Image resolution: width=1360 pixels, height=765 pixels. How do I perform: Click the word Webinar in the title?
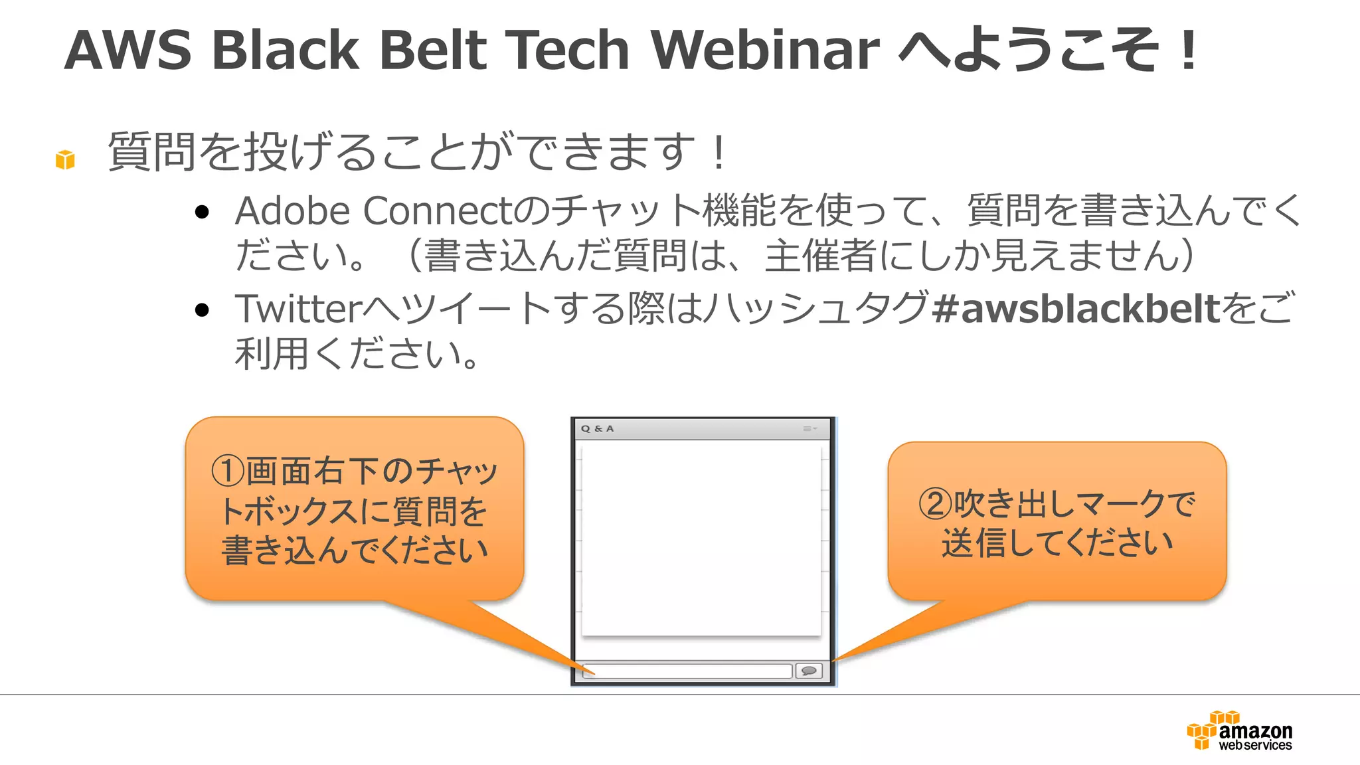[x=765, y=50]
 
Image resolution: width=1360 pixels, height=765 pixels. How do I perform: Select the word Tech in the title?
[x=567, y=50]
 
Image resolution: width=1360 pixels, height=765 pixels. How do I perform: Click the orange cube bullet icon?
[x=65, y=159]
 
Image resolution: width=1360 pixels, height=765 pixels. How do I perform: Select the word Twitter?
[x=299, y=309]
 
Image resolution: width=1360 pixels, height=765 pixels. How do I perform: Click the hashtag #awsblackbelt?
[x=1076, y=309]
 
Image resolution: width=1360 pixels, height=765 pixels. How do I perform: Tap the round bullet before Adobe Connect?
[x=203, y=212]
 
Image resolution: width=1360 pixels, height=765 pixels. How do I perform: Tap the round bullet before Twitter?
[x=203, y=310]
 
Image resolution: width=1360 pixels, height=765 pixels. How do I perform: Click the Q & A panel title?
[x=597, y=429]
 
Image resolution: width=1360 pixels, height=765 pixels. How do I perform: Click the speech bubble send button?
[x=809, y=671]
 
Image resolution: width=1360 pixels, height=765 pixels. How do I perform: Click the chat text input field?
[x=687, y=671]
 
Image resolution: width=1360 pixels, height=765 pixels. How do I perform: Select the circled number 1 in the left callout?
[x=228, y=470]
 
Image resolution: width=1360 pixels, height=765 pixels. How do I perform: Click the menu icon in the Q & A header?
[x=809, y=429]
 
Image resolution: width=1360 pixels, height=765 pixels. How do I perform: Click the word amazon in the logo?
[x=1255, y=731]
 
